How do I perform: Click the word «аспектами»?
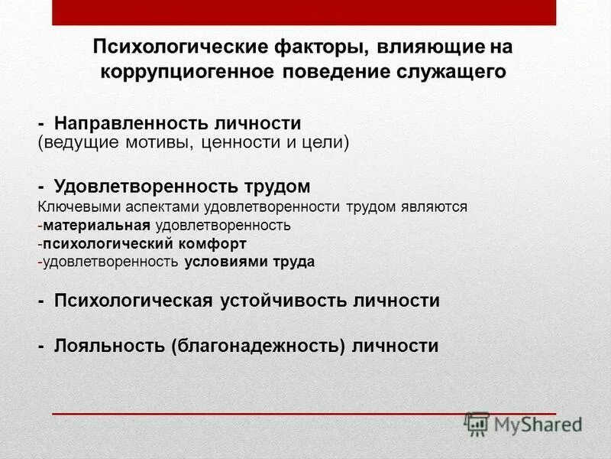point(149,207)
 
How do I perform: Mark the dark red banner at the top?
point(305,12)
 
